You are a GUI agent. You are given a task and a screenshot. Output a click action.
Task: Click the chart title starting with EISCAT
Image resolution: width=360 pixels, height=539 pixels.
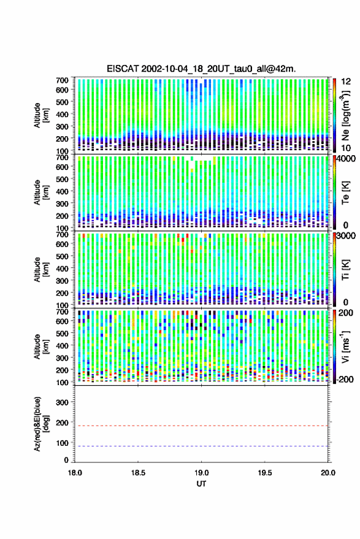[x=201, y=69]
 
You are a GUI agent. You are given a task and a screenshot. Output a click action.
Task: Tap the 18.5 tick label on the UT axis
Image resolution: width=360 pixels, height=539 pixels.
[x=138, y=473]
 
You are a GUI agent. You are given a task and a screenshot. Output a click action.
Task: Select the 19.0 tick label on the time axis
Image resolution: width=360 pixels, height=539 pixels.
[x=201, y=473]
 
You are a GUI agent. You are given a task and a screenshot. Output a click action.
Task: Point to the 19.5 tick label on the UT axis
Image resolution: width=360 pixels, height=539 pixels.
[x=264, y=473]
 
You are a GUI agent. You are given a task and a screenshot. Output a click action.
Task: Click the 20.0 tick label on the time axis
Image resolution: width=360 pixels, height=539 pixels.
[x=327, y=473]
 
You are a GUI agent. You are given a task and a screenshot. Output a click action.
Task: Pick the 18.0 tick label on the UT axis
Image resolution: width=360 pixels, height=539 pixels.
[x=75, y=473]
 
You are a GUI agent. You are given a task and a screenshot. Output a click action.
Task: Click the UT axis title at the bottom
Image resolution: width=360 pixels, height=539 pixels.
[x=201, y=484]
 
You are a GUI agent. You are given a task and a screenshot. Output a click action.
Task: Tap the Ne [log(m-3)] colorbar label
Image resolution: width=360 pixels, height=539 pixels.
[x=345, y=115]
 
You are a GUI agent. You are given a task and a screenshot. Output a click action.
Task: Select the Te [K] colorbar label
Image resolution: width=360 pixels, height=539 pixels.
[x=345, y=193]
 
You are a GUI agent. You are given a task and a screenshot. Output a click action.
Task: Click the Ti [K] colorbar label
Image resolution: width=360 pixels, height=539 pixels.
[x=345, y=270]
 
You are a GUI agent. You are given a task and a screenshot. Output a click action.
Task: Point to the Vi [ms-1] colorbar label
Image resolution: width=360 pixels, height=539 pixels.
[x=345, y=346]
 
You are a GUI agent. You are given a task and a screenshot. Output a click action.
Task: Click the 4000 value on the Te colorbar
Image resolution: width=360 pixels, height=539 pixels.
[x=347, y=159]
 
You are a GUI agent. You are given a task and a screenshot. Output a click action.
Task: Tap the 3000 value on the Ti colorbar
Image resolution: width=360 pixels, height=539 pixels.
[x=347, y=236]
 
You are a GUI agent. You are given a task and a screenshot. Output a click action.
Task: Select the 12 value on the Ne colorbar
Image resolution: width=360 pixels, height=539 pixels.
[x=346, y=82]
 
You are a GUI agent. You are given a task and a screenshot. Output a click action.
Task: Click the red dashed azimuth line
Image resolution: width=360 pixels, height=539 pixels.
[x=201, y=426]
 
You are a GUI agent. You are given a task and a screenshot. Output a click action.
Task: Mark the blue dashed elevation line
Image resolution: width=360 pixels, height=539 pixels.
[x=201, y=446]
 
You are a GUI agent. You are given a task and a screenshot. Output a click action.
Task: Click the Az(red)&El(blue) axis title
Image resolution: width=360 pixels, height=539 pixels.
[x=40, y=424]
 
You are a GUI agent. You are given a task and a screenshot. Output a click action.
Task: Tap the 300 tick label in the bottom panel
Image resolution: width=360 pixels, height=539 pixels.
[x=62, y=402]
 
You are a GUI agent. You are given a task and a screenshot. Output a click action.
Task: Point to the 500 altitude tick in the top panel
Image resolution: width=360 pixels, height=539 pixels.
[x=62, y=102]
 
